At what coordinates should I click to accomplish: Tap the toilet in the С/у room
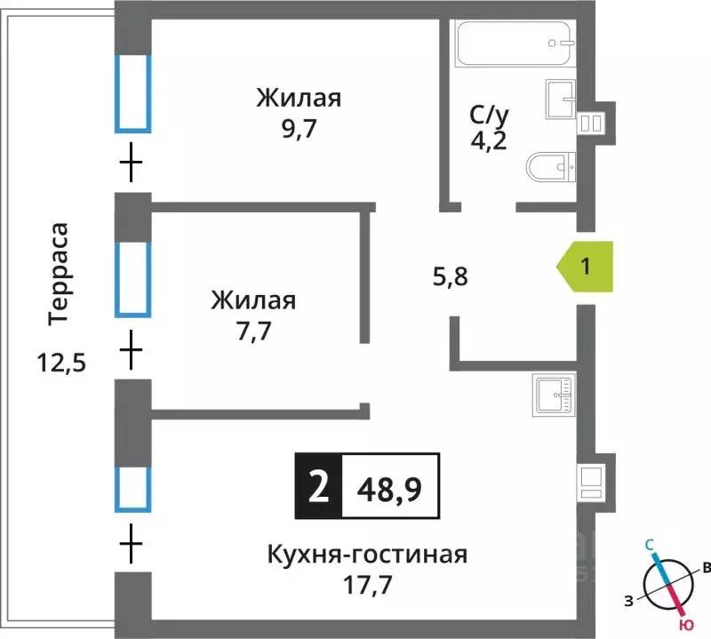(551, 166)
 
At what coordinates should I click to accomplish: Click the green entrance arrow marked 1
(586, 266)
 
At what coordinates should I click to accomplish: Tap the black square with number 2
(317, 486)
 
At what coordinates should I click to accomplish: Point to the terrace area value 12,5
(60, 363)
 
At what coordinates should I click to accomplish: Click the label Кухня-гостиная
(367, 555)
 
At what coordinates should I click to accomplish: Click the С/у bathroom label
(488, 114)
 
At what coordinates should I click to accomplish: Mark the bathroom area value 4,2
(488, 141)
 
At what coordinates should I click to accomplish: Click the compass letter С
(650, 543)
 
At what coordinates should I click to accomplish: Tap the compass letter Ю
(682, 612)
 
